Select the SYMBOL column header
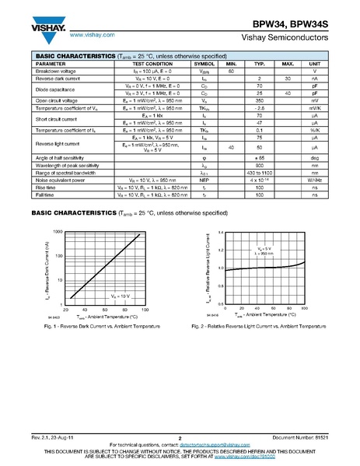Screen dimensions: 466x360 [203, 64]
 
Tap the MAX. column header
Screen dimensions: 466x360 [287, 64]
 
